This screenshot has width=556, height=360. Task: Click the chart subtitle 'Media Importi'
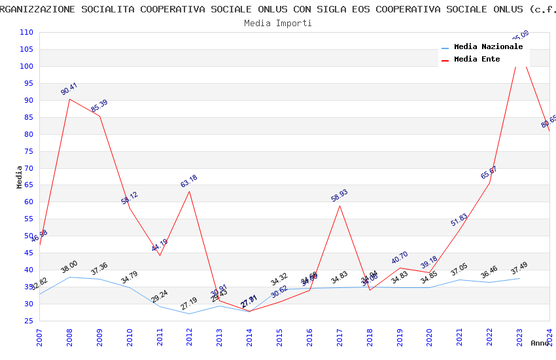coord(278,23)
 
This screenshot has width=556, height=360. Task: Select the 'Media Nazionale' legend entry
coord(488,47)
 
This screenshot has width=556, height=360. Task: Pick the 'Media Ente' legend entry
coord(476,60)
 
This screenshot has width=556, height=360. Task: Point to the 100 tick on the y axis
coord(27,66)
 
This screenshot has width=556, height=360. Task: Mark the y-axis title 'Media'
coord(20,177)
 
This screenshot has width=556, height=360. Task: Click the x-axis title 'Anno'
coord(540,343)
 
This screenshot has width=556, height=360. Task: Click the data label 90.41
coord(69,89)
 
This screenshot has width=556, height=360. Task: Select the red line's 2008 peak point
coord(69,99)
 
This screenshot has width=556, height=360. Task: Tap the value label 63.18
coord(189,181)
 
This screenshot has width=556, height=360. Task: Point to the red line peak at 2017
coord(339,206)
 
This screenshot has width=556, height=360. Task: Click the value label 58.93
coord(339,196)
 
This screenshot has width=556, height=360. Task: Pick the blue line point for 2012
coord(190,314)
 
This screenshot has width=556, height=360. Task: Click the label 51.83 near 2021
coord(459,220)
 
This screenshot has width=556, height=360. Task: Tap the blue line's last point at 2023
coord(520,278)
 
